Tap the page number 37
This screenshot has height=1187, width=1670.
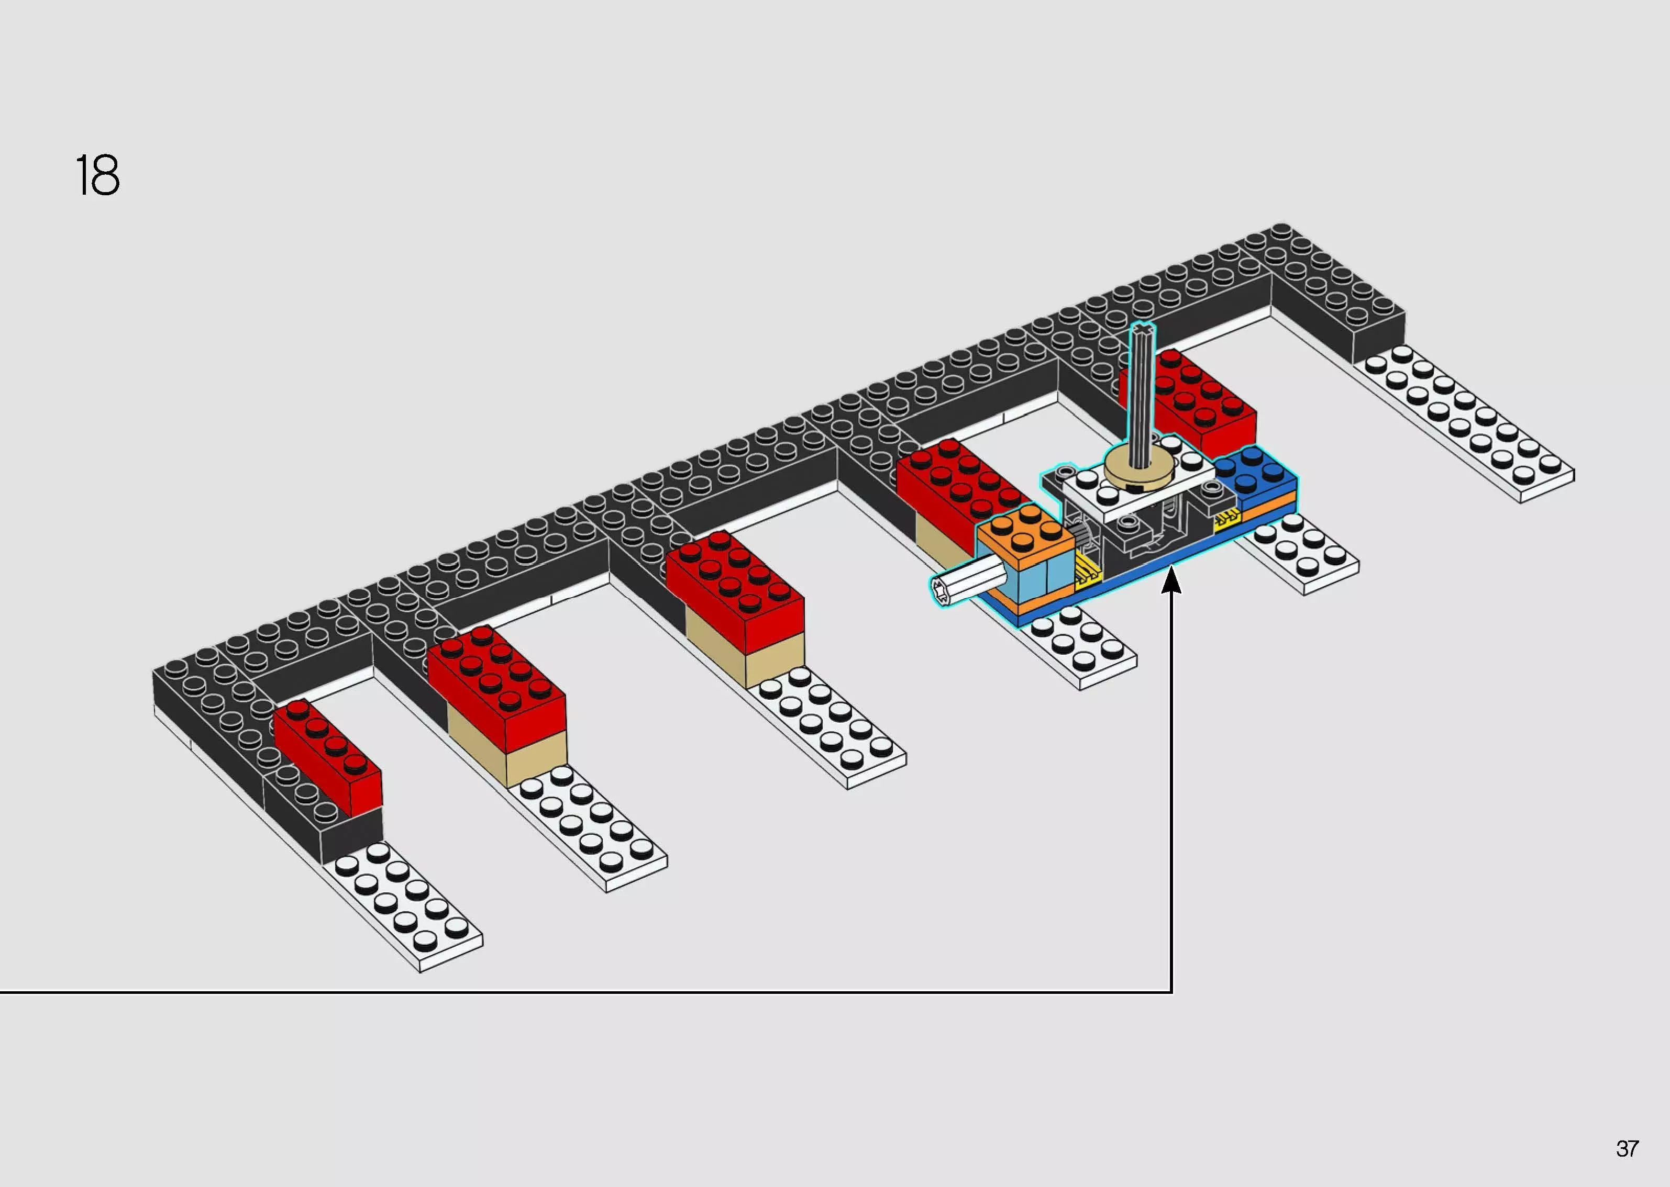(x=1627, y=1148)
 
